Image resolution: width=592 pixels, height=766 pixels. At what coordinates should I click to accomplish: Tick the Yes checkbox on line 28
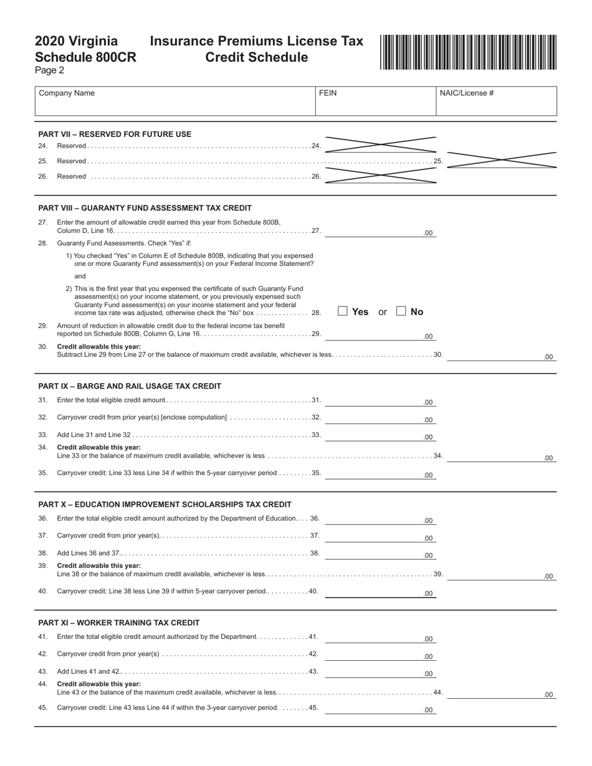(x=343, y=311)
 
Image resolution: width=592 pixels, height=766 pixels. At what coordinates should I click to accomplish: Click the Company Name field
(x=175, y=102)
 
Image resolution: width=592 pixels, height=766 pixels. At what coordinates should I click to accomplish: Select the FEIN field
(x=376, y=102)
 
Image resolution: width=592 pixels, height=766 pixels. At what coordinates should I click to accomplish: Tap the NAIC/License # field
(x=496, y=102)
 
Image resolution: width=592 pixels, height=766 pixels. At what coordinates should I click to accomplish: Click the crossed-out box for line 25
(x=502, y=160)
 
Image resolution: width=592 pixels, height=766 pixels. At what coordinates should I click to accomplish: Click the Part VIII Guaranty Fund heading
(x=145, y=208)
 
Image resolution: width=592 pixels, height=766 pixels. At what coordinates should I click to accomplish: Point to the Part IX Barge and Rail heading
(x=130, y=386)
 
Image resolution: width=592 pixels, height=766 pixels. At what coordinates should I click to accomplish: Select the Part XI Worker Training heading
(x=119, y=623)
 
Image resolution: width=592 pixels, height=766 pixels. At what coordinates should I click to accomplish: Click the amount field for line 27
(x=380, y=232)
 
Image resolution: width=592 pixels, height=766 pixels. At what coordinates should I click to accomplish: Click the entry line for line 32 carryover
(x=380, y=418)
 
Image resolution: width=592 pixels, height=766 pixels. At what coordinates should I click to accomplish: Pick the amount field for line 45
(x=380, y=708)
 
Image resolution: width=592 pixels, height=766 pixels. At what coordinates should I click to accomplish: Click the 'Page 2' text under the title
(x=49, y=70)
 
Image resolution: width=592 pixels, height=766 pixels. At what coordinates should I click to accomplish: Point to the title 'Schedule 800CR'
(x=85, y=57)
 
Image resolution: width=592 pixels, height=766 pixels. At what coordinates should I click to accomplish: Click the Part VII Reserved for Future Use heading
(x=115, y=135)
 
